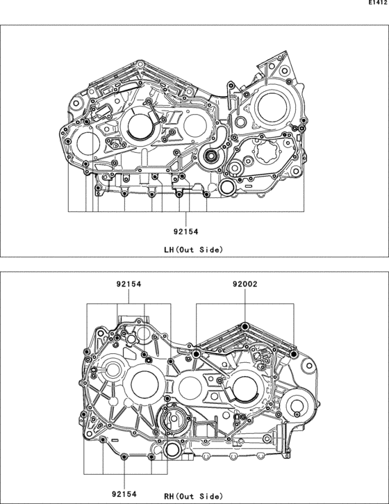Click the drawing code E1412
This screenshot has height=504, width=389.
pos(378,3)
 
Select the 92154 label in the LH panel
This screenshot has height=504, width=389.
pos(185,231)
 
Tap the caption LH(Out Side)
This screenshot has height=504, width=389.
pos(193,250)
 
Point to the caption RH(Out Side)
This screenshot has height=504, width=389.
pos(193,496)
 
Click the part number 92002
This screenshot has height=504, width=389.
pos(245,284)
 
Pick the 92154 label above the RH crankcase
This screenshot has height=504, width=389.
pos(129,284)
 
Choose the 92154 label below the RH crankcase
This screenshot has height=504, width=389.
pos(124,494)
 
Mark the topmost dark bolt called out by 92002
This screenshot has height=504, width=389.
pos(245,327)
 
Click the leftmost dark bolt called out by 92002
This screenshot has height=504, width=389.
pos(197,354)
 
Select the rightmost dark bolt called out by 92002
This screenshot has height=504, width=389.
pos(293,355)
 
